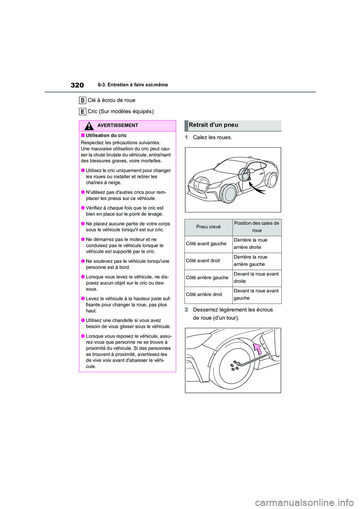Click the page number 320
click(77, 85)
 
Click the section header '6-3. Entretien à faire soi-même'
click(133, 85)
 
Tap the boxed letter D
click(82, 100)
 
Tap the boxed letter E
click(82, 111)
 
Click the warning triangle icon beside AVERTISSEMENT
click(89, 126)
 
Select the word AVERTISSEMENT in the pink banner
click(117, 126)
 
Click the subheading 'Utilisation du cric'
click(106, 136)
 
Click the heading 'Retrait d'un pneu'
click(213, 125)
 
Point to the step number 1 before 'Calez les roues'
click(186, 138)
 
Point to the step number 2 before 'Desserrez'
click(186, 310)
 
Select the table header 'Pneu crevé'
click(208, 227)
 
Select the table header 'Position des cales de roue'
click(256, 227)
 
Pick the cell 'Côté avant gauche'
click(206, 244)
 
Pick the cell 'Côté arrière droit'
click(204, 295)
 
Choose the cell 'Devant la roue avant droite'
click(256, 278)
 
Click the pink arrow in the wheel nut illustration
click(258, 349)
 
